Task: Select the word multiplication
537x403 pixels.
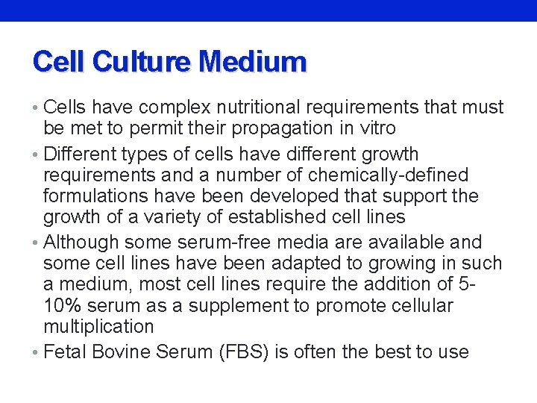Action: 98,327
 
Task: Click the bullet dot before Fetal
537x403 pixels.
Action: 37,352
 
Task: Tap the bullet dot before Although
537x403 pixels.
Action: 37,243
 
